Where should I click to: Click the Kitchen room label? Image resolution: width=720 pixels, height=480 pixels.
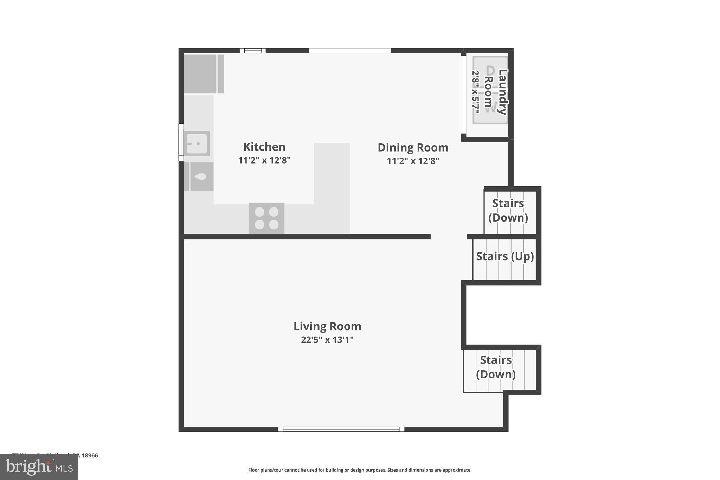pyautogui.click(x=264, y=147)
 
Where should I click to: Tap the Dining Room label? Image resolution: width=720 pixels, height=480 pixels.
pyautogui.click(x=413, y=147)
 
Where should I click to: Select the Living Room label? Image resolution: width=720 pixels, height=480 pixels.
pyautogui.click(x=327, y=326)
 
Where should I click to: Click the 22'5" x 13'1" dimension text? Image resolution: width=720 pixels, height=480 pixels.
pyautogui.click(x=327, y=340)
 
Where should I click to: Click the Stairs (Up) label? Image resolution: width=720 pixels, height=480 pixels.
pyautogui.click(x=504, y=256)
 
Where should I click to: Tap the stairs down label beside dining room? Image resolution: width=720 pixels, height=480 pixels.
pyautogui.click(x=508, y=210)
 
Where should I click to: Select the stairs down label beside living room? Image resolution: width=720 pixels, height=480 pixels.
pyautogui.click(x=496, y=367)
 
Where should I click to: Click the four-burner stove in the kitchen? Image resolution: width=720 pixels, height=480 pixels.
pyautogui.click(x=266, y=218)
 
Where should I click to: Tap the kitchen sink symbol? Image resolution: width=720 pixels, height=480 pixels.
pyautogui.click(x=197, y=143)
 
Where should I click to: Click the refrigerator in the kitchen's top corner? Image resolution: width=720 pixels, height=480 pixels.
pyautogui.click(x=200, y=73)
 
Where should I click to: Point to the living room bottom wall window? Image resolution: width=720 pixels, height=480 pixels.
pyautogui.click(x=341, y=429)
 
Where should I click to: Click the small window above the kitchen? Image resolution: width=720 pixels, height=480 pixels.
pyautogui.click(x=253, y=51)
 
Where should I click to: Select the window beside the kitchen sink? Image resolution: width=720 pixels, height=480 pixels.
pyautogui.click(x=181, y=142)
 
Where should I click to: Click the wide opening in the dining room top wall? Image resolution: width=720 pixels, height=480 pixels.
pyautogui.click(x=350, y=51)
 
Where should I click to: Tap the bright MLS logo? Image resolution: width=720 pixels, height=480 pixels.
pyautogui.click(x=39, y=467)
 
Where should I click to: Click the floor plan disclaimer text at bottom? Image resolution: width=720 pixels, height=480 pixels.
pyautogui.click(x=360, y=470)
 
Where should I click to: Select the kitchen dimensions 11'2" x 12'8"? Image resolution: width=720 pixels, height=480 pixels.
pyautogui.click(x=264, y=160)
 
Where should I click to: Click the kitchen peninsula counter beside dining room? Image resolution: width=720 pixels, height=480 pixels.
pyautogui.click(x=332, y=183)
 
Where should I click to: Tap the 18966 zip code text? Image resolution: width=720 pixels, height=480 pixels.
pyautogui.click(x=90, y=456)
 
